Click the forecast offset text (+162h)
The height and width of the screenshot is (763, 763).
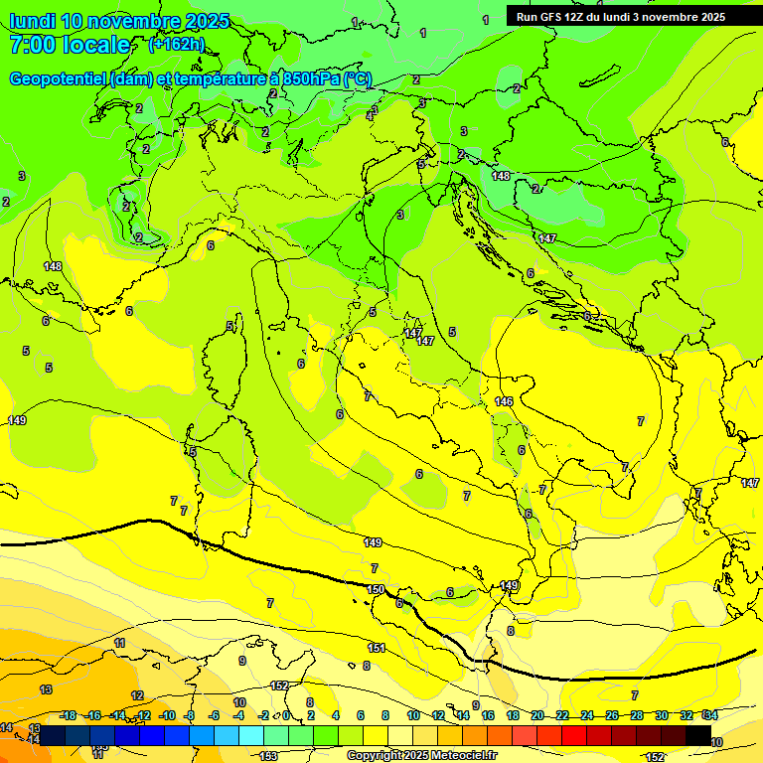click(x=176, y=45)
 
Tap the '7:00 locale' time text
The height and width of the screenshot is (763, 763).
click(x=70, y=45)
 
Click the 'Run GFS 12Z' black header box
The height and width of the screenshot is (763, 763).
click(x=621, y=17)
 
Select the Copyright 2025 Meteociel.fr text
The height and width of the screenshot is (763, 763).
click(x=422, y=755)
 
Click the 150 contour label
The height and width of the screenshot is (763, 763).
click(x=376, y=590)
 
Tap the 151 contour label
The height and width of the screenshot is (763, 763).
click(x=377, y=648)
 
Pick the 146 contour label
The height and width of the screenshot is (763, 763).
click(x=504, y=401)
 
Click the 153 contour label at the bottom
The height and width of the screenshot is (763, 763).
click(x=268, y=756)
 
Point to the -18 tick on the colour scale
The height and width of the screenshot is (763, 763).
click(x=68, y=715)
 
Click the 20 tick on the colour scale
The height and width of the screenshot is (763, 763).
click(x=537, y=715)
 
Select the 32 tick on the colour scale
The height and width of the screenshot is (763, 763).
click(x=687, y=715)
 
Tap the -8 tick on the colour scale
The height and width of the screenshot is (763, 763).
click(x=191, y=715)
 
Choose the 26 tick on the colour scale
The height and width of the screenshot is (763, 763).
click(x=612, y=715)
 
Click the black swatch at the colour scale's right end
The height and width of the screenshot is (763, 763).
click(x=698, y=735)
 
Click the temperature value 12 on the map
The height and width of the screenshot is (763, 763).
click(x=137, y=695)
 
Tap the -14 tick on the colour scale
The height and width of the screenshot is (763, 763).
click(x=118, y=715)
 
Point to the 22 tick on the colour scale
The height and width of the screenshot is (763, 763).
click(x=562, y=715)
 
